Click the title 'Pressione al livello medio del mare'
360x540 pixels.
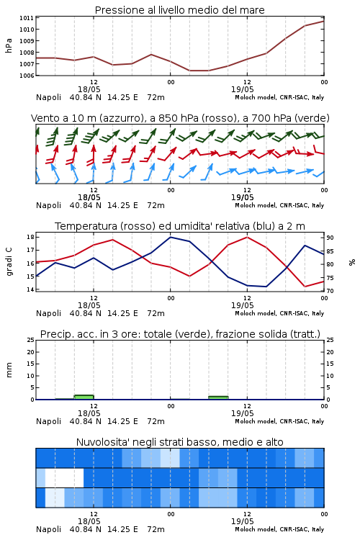[x=179, y=10]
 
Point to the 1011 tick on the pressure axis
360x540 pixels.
[x=27, y=18]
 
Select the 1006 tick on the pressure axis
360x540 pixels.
[x=27, y=76]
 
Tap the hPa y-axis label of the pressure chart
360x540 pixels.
[x=9, y=45]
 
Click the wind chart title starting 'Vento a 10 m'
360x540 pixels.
[x=180, y=118]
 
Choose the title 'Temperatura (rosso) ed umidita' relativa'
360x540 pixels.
[x=180, y=226]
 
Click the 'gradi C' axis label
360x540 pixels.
[x=9, y=261]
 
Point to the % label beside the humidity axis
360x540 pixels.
[x=352, y=262]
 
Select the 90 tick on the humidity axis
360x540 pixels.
[x=330, y=238]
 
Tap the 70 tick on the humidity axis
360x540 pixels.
[x=330, y=291]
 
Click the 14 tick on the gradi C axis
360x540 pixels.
[x=30, y=289]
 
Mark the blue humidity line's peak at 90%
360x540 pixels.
[x=170, y=237]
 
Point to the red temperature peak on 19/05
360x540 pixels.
[x=247, y=237]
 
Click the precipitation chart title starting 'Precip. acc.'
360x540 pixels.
[x=180, y=334]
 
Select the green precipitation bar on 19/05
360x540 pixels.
[x=218, y=397]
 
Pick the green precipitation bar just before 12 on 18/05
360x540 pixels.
[x=84, y=397]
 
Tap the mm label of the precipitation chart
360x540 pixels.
[x=9, y=370]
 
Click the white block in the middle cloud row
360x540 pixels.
[x=64, y=477]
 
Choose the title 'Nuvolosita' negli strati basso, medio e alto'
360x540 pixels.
[x=179, y=442]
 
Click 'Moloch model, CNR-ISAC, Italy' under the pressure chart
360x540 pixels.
[x=279, y=97]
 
